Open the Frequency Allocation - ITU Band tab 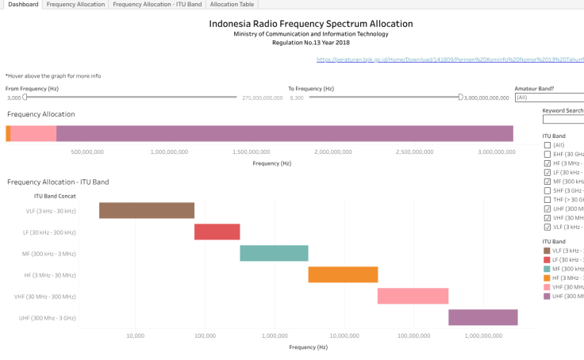[157, 5]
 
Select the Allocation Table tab [232, 5]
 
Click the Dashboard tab [22, 5]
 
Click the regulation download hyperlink [449, 59]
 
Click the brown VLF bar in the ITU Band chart [147, 210]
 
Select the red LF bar [217, 232]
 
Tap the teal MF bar [274, 253]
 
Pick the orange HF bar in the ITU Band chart [343, 274]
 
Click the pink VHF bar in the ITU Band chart [413, 296]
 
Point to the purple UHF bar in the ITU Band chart [482, 317]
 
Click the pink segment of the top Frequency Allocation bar [33, 133]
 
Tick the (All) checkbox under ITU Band [547, 145]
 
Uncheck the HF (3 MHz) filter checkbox [547, 163]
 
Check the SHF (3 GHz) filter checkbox [547, 190]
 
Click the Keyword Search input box [563, 120]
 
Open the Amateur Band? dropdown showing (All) [549, 98]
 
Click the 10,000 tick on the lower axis [136, 336]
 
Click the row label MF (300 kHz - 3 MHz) [49, 254]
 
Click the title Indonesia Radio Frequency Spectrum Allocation [311, 24]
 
